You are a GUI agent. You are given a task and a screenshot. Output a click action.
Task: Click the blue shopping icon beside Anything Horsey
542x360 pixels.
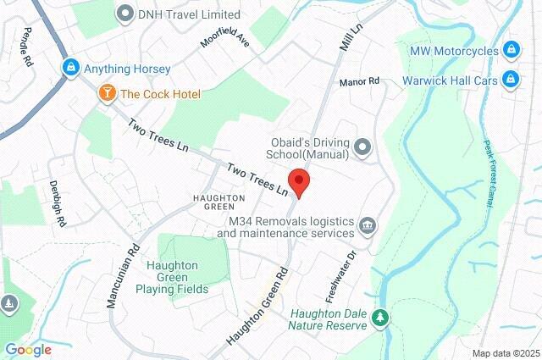(x=70, y=68)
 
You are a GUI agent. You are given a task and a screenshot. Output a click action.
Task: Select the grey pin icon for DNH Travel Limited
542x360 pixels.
(x=126, y=14)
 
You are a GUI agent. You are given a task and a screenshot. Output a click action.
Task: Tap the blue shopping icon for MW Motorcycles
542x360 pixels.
(x=511, y=51)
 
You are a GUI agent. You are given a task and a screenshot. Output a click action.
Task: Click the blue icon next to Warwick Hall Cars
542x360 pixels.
(x=511, y=80)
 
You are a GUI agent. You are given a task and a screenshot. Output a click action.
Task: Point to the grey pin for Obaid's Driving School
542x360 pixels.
(x=363, y=148)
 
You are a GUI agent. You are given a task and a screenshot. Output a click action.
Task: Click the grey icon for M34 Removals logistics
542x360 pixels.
(x=368, y=225)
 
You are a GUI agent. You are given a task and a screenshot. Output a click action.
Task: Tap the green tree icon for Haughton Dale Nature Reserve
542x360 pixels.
(x=382, y=318)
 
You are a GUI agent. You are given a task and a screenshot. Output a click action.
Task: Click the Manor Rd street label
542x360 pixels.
(x=359, y=82)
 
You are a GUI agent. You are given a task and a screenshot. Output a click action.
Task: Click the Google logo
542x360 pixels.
(x=28, y=349)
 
